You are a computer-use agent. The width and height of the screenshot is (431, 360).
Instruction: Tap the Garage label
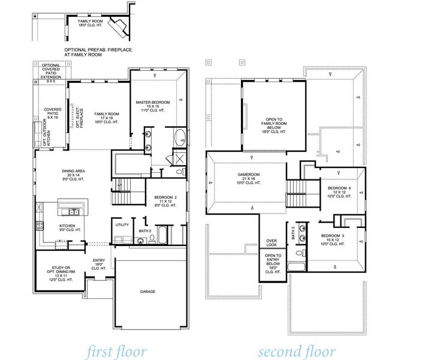[x=148, y=292]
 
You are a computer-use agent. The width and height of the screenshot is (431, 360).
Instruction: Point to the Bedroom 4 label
[x=338, y=192]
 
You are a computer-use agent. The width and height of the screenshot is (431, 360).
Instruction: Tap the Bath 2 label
[x=144, y=230]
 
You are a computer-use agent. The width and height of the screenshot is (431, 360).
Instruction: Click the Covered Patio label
[x=53, y=114]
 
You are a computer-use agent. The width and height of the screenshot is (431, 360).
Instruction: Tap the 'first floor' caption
[x=116, y=350]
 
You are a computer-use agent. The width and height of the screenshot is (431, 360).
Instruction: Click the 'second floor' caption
[x=297, y=350]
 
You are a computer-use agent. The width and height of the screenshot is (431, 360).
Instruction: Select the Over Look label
[x=272, y=244]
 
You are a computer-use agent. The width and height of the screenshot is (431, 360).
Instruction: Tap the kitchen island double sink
[x=74, y=211]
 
